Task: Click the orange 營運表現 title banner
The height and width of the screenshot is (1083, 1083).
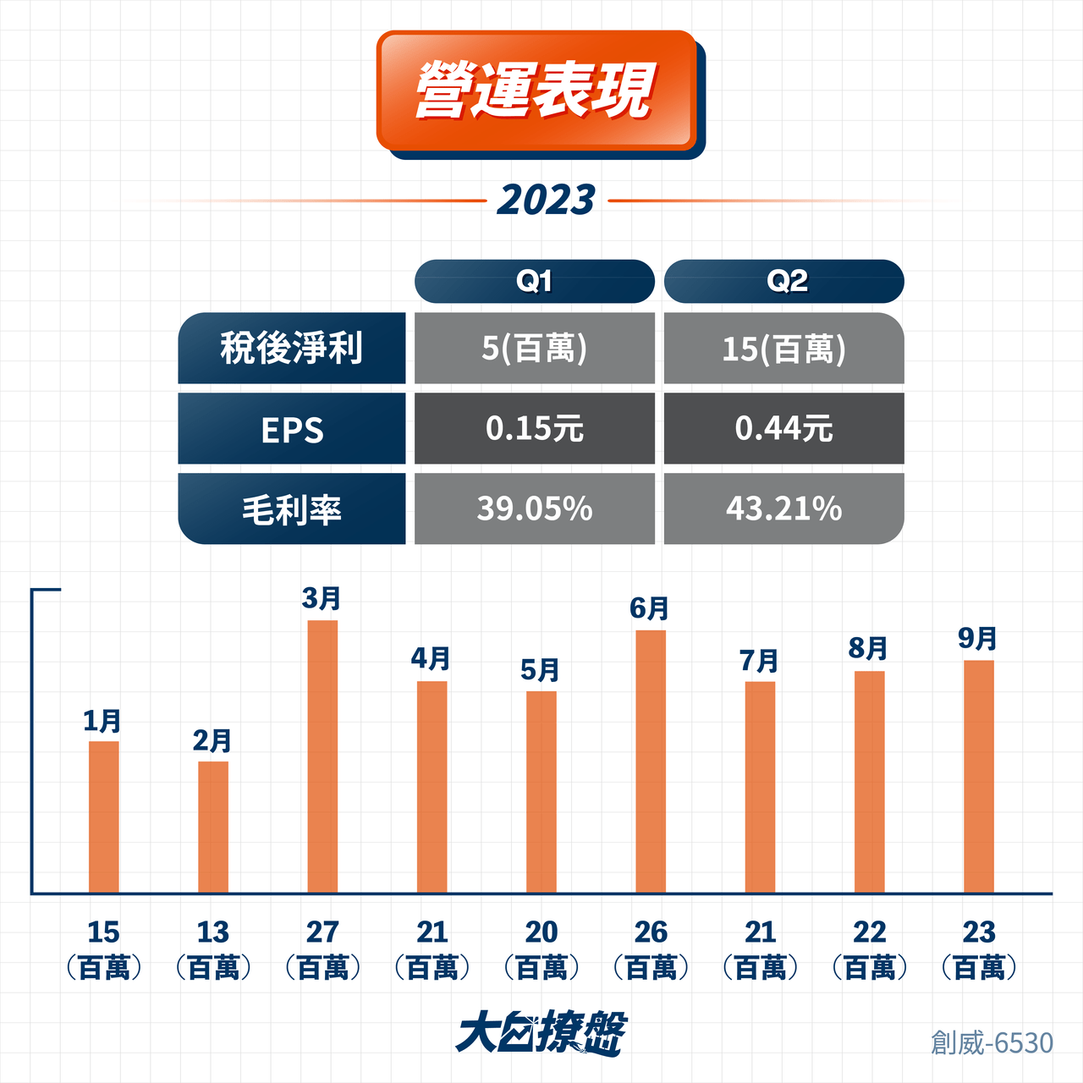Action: pos(536,91)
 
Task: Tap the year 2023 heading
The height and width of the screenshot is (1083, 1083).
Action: pos(547,201)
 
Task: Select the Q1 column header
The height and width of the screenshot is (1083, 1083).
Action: pos(535,281)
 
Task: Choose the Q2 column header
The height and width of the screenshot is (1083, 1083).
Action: pos(784,281)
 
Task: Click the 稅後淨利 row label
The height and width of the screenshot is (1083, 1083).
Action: pos(292,348)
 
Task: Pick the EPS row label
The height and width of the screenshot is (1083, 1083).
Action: pos(292,428)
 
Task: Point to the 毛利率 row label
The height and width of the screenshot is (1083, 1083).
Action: pos(292,509)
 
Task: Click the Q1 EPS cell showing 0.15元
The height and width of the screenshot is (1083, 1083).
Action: pos(535,428)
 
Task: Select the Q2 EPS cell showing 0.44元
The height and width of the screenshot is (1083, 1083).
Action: pos(784,428)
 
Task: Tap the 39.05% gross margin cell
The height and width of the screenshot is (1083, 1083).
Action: pos(535,509)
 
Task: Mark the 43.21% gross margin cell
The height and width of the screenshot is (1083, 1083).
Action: pos(784,509)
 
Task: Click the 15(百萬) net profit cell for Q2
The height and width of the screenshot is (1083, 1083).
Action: pos(784,348)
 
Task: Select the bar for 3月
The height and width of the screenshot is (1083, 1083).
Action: pos(322,756)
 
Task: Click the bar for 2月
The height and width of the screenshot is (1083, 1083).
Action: pos(213,827)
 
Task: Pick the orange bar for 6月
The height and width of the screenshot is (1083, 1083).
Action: pos(651,761)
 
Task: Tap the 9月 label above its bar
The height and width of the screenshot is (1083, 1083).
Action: pos(978,639)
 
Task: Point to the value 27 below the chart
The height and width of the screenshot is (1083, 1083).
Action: pos(322,932)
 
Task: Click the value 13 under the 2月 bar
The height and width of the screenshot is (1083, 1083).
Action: pos(213,932)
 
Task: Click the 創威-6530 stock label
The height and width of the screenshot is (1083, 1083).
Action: pos(992,1043)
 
